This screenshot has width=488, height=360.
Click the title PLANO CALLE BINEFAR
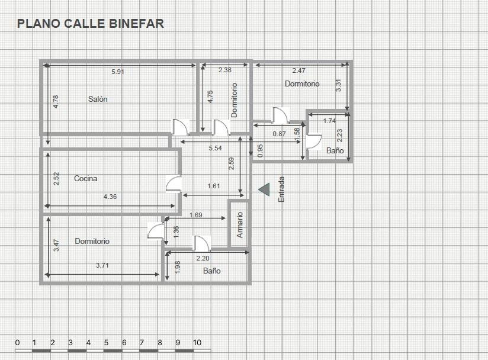click(90, 24)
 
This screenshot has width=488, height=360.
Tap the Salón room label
click(98, 99)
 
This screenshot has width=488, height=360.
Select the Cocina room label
click(86, 178)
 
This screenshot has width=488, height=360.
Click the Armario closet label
click(239, 224)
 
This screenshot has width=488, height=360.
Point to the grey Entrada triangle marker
click(264, 189)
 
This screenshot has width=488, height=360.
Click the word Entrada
click(281, 189)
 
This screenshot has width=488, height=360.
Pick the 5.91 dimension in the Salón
click(118, 72)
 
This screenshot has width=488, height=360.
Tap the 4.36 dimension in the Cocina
click(110, 197)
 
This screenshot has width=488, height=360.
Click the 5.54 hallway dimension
click(216, 148)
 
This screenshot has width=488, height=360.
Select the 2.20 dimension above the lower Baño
click(203, 258)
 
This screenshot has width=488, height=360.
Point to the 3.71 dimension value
click(102, 265)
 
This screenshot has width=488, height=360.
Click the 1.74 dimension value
click(330, 121)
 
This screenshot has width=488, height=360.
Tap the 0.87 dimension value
click(279, 134)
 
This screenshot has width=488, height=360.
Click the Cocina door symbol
click(174, 184)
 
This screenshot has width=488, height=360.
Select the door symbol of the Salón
click(181, 127)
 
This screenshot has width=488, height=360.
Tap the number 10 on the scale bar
click(197, 343)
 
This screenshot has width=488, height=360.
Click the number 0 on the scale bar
click(17, 343)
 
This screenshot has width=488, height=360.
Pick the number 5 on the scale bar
click(106, 343)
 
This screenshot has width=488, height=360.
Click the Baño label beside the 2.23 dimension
click(335, 150)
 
